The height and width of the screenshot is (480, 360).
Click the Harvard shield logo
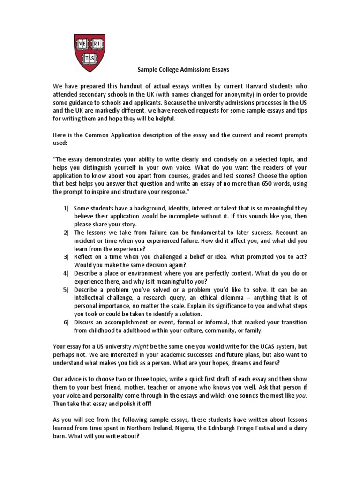click(92, 47)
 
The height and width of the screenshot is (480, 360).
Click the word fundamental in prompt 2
click(211, 232)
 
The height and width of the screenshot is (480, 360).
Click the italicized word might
click(160, 346)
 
